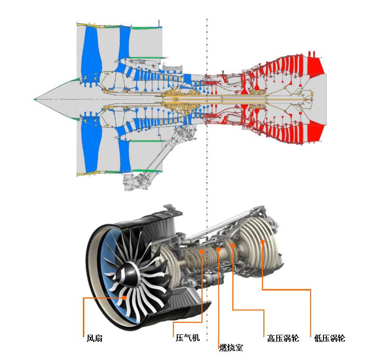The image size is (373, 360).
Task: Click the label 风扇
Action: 94,338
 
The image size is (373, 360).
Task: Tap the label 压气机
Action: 188,338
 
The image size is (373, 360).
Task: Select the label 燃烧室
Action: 231,348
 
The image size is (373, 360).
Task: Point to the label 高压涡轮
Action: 283,338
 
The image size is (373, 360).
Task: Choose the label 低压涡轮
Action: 330,338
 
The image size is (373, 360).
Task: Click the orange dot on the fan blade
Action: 124,298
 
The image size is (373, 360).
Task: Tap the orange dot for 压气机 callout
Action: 202,251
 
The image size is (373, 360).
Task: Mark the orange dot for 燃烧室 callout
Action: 218,249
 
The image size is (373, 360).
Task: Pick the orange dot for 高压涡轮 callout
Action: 233,245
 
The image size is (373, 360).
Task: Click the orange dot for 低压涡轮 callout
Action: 262,242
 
